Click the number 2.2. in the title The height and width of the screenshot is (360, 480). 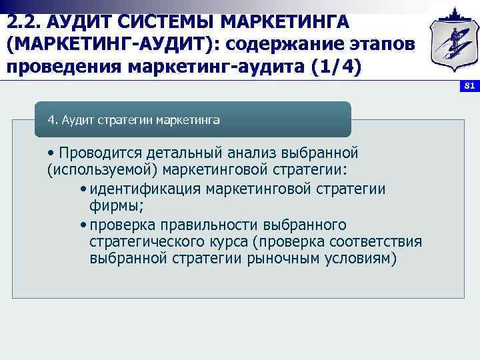(25, 22)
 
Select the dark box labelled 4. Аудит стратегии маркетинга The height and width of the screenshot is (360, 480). (193, 120)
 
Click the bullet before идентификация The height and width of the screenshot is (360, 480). (82, 189)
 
